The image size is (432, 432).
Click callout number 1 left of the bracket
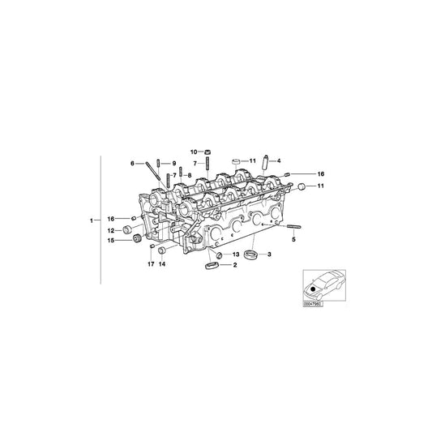click(x=92, y=220)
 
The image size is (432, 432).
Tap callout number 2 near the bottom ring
click(x=235, y=265)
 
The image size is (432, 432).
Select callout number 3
click(x=269, y=255)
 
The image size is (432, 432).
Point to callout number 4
click(x=279, y=160)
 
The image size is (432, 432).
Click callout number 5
click(x=294, y=240)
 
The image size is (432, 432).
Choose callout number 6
click(x=133, y=164)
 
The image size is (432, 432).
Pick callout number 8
click(x=189, y=175)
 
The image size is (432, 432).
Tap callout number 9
click(x=172, y=164)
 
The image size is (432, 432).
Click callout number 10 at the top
click(x=194, y=151)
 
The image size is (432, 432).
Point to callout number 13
click(x=237, y=254)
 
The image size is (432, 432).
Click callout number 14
click(x=162, y=264)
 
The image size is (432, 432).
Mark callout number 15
click(x=110, y=240)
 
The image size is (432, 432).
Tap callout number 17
click(x=150, y=264)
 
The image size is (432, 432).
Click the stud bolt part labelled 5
click(x=293, y=227)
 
